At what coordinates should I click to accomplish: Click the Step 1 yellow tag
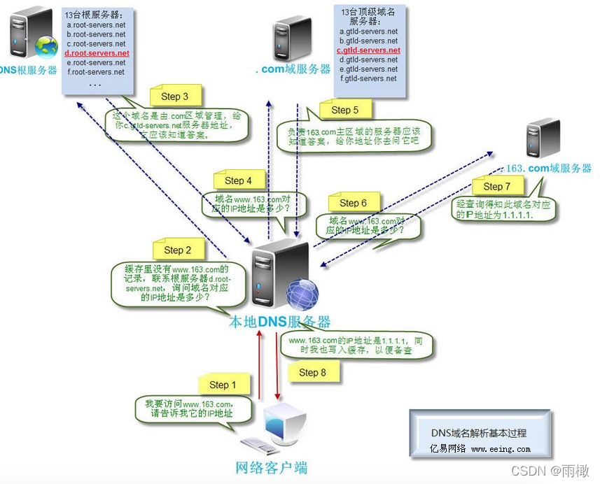coord(223,385)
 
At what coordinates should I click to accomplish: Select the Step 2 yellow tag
coord(178,250)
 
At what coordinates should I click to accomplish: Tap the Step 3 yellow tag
coord(174,97)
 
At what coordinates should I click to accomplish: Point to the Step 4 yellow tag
coord(238,180)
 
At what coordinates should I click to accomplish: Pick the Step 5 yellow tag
coord(344,110)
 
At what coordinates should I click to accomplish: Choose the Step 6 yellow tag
coord(353,203)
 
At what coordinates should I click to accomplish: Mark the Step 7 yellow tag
coord(497,187)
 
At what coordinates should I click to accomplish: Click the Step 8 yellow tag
coord(312,372)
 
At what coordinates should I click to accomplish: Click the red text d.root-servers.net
coord(97,53)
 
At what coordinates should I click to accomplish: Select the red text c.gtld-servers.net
coord(368,50)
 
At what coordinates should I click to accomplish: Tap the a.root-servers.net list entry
coord(96,25)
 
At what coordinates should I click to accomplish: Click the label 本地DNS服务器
coord(279,322)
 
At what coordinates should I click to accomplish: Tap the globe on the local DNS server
coord(302,294)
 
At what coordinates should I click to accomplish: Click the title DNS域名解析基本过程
coord(478,433)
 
